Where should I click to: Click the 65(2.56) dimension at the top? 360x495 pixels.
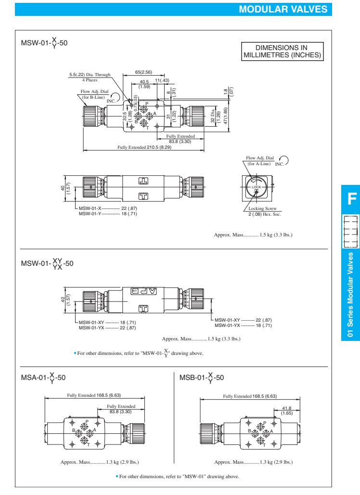tap(144, 72)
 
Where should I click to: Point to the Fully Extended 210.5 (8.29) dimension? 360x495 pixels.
tap(144, 148)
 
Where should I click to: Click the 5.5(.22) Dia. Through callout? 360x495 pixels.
tap(90, 75)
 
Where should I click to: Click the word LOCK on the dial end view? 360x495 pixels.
tap(256, 186)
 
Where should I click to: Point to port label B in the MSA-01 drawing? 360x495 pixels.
tap(74, 431)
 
